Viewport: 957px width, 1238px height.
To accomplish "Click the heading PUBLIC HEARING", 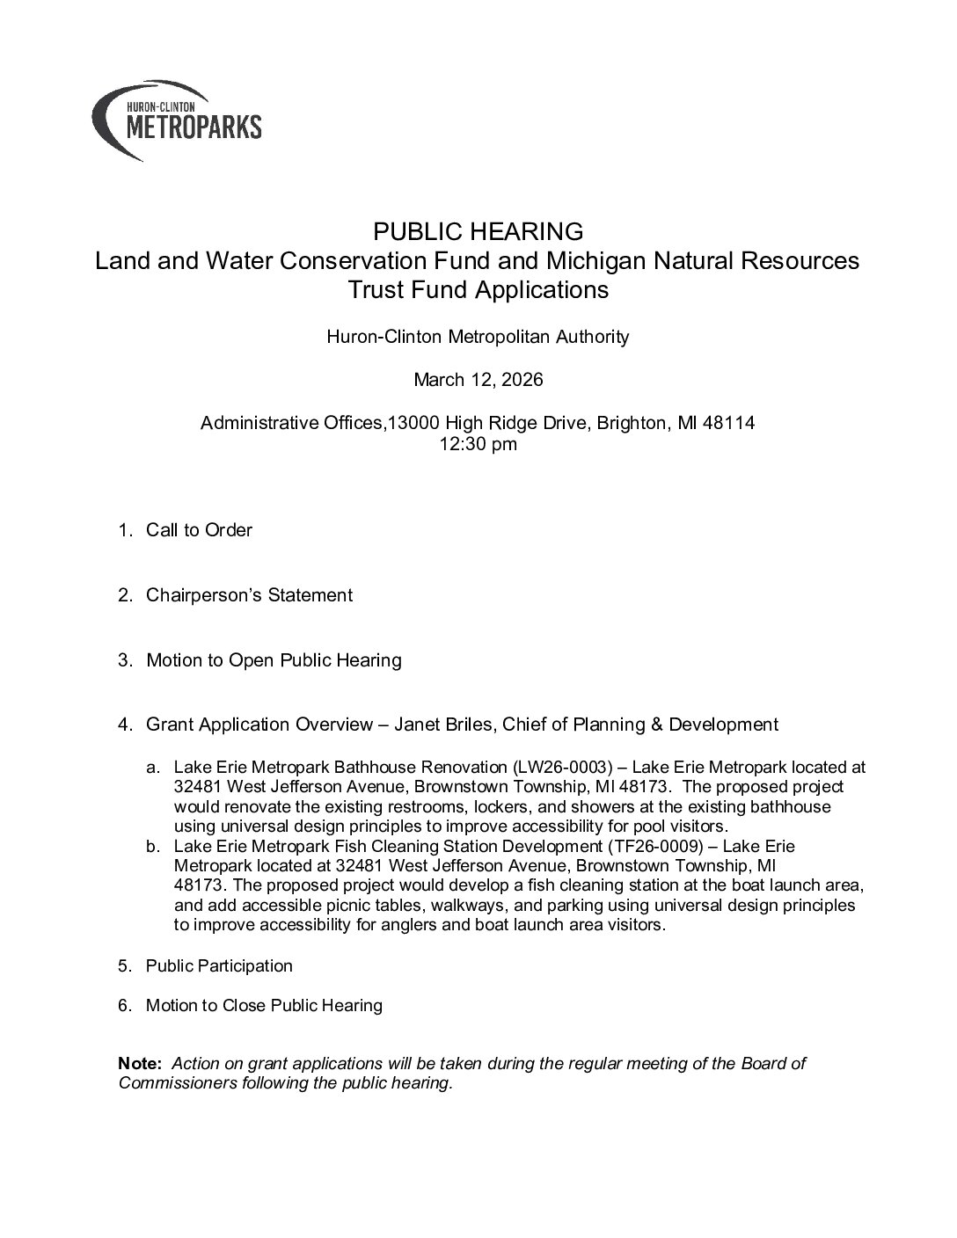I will point(478,232).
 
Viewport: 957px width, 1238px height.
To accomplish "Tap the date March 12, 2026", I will point(478,380).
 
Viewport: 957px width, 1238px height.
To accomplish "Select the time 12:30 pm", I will point(478,444).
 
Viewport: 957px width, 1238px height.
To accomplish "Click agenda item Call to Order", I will point(199,530).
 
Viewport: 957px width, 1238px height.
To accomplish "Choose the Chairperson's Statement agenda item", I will point(249,595).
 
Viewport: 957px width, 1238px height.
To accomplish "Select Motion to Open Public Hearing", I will point(274,660).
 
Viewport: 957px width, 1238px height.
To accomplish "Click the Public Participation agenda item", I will point(219,966).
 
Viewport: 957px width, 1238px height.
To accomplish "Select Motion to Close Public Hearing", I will point(264,1005).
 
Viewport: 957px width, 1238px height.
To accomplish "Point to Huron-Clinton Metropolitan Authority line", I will point(478,337).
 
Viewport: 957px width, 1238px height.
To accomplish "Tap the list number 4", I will point(125,725).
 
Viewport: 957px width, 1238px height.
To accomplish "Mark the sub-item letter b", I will point(153,846).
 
